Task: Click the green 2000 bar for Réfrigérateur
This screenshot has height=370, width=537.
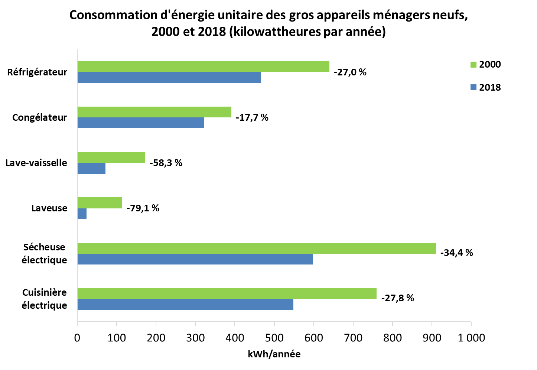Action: [x=203, y=66]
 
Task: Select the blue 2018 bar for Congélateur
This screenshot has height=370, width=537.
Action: [x=141, y=123]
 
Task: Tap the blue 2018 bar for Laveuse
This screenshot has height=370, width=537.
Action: [x=82, y=214]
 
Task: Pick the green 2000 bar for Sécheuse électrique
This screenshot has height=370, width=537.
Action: [x=257, y=248]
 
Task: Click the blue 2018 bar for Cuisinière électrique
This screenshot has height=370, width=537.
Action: [x=185, y=304]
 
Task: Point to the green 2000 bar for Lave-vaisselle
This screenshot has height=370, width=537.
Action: [x=111, y=157]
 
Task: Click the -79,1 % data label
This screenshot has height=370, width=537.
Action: [x=143, y=208]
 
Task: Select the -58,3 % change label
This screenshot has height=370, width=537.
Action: [x=166, y=163]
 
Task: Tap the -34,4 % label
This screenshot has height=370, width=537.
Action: [x=457, y=253]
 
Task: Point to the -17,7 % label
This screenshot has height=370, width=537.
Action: [x=252, y=117]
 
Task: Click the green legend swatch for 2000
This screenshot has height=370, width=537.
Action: [x=473, y=65]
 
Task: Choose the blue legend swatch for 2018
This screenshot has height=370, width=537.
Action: [x=473, y=87]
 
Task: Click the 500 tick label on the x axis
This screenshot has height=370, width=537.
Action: [x=274, y=338]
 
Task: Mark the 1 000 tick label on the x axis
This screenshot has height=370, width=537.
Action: [x=471, y=338]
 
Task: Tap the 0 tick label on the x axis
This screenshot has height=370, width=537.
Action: [x=77, y=338]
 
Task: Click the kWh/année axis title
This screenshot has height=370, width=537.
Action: [x=274, y=354]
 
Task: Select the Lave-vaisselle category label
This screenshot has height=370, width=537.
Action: [x=36, y=163]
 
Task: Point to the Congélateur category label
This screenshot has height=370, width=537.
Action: [x=40, y=117]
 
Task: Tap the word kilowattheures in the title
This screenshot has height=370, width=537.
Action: [x=277, y=32]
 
